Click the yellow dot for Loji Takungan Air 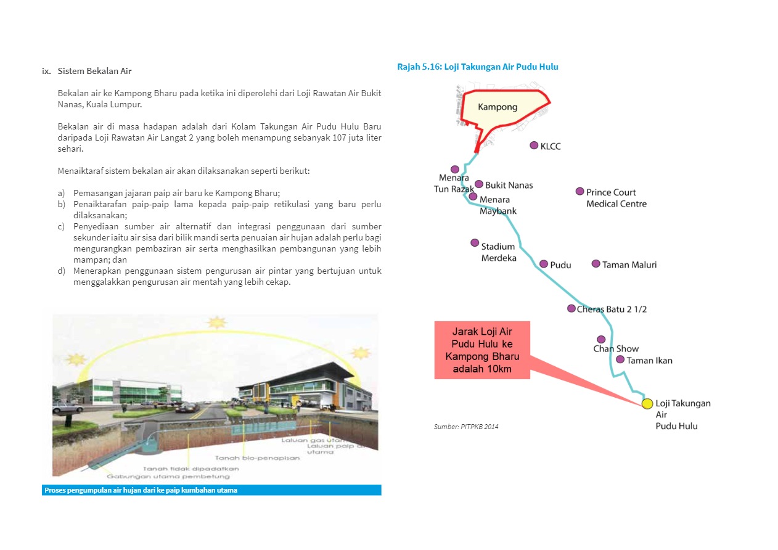tap(647, 404)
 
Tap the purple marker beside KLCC tap(534, 146)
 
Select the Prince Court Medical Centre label tap(616, 198)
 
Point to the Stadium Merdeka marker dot tap(475, 243)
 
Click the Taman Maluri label tap(629, 265)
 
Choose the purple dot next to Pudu tap(544, 264)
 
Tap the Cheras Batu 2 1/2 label tap(612, 309)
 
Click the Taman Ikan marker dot tap(620, 359)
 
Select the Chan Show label tap(616, 349)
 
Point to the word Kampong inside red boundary tap(498, 107)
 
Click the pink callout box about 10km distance tap(482, 350)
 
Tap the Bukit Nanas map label tap(509, 185)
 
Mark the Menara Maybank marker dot tap(473, 197)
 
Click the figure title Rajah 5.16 tap(478, 67)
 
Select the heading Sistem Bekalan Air tap(95, 71)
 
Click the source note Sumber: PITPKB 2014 tap(466, 426)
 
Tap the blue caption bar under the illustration tap(211, 490)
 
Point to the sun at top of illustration tap(216, 322)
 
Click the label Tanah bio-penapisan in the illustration tap(257, 458)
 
